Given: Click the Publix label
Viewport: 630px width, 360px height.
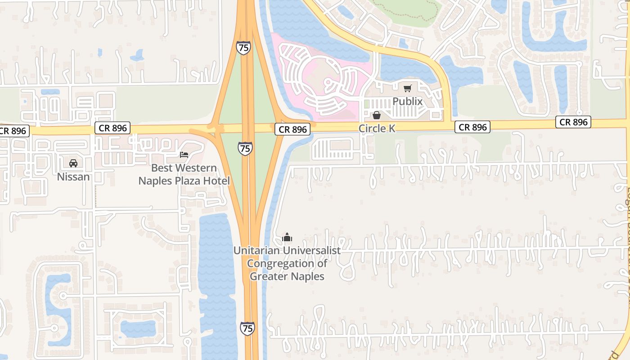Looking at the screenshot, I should tap(407, 101).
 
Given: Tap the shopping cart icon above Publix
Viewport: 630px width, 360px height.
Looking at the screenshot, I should tap(407, 88).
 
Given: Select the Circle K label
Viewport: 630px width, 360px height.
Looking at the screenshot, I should tap(377, 129).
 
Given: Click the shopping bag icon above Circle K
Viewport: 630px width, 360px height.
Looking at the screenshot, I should tap(377, 116).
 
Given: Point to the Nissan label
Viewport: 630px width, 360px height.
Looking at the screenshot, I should tap(73, 177).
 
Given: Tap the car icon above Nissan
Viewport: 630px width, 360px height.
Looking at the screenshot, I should tap(73, 163).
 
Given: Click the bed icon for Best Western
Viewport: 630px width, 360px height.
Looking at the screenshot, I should tap(184, 155).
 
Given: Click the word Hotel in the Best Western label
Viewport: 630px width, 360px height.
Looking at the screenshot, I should tap(218, 181).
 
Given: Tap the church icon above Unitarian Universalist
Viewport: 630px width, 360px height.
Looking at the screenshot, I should tap(287, 237).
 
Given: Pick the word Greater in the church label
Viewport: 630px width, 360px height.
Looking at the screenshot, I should tap(269, 276).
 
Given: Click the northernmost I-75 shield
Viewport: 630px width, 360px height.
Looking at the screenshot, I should tap(243, 48).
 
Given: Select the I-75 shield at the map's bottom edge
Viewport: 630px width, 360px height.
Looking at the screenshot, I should tap(247, 328).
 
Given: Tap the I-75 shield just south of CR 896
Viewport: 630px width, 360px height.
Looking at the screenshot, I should tap(245, 148).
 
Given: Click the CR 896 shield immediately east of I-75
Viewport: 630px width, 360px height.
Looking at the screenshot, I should tap(292, 130).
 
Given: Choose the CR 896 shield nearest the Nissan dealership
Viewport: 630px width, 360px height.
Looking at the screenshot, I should tap(113, 128).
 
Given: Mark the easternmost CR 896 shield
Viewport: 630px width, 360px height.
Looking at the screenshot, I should tap(573, 122).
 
